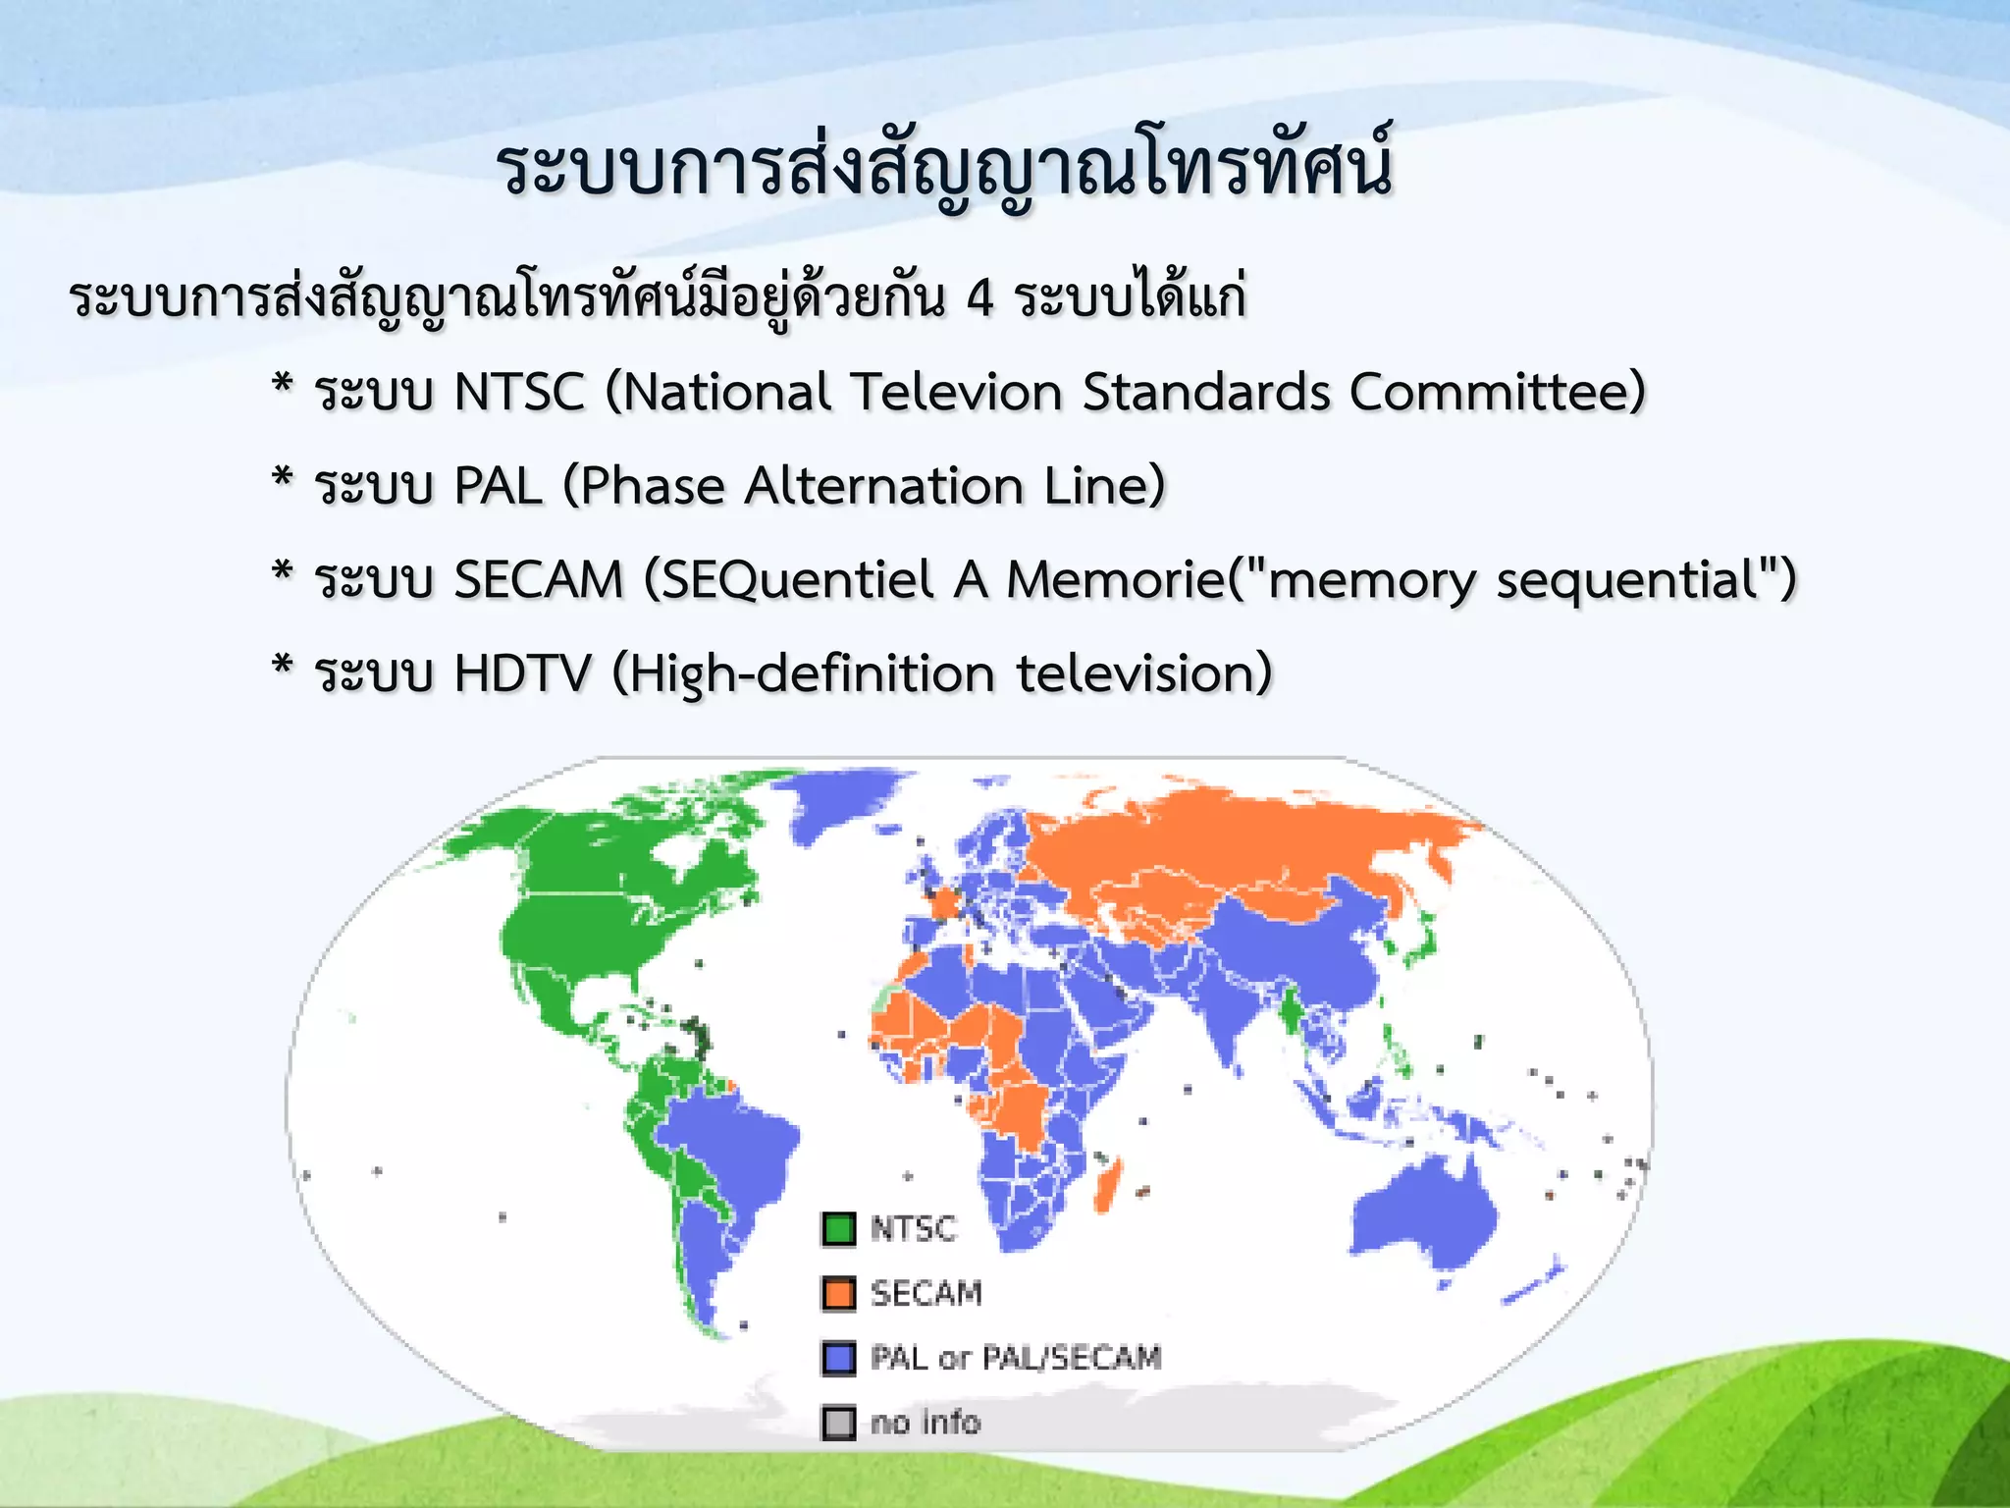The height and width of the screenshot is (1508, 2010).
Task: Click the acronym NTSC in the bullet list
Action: (x=519, y=392)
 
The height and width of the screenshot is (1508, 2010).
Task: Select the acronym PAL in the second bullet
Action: (x=499, y=486)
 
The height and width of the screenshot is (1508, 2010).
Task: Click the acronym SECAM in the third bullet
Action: (x=539, y=579)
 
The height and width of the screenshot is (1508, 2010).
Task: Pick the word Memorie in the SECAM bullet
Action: (x=1116, y=579)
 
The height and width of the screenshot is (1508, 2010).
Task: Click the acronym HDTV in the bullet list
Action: (x=523, y=673)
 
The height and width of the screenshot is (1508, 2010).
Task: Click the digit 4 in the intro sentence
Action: (x=979, y=297)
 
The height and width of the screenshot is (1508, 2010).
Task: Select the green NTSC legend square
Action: (x=838, y=1228)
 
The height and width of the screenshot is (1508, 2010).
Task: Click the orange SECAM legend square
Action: (x=838, y=1293)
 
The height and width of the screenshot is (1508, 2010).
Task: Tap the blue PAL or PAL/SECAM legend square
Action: (x=838, y=1358)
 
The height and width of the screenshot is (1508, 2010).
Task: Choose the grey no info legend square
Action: (x=838, y=1423)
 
